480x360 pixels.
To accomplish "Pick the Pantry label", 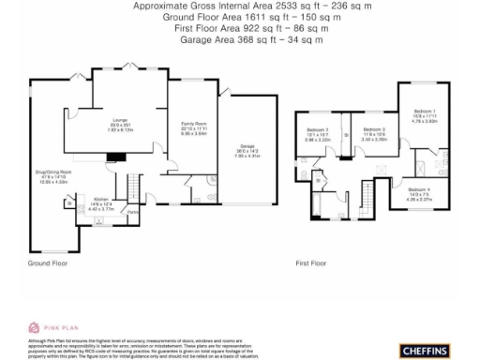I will (133, 212).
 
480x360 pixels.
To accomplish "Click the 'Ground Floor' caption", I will (47, 264).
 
